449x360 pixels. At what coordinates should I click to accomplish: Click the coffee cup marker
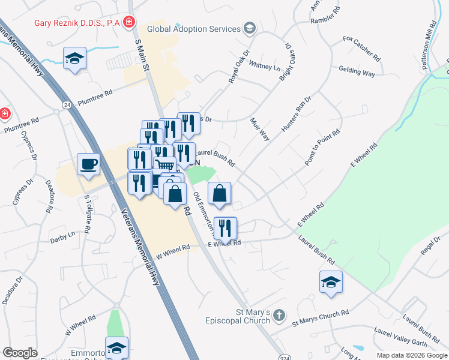pos(89,164)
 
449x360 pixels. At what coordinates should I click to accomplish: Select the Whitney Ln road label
pos(264,66)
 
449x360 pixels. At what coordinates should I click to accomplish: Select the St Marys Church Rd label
pos(320,318)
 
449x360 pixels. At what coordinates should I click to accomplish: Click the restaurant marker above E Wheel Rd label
pos(226,228)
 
